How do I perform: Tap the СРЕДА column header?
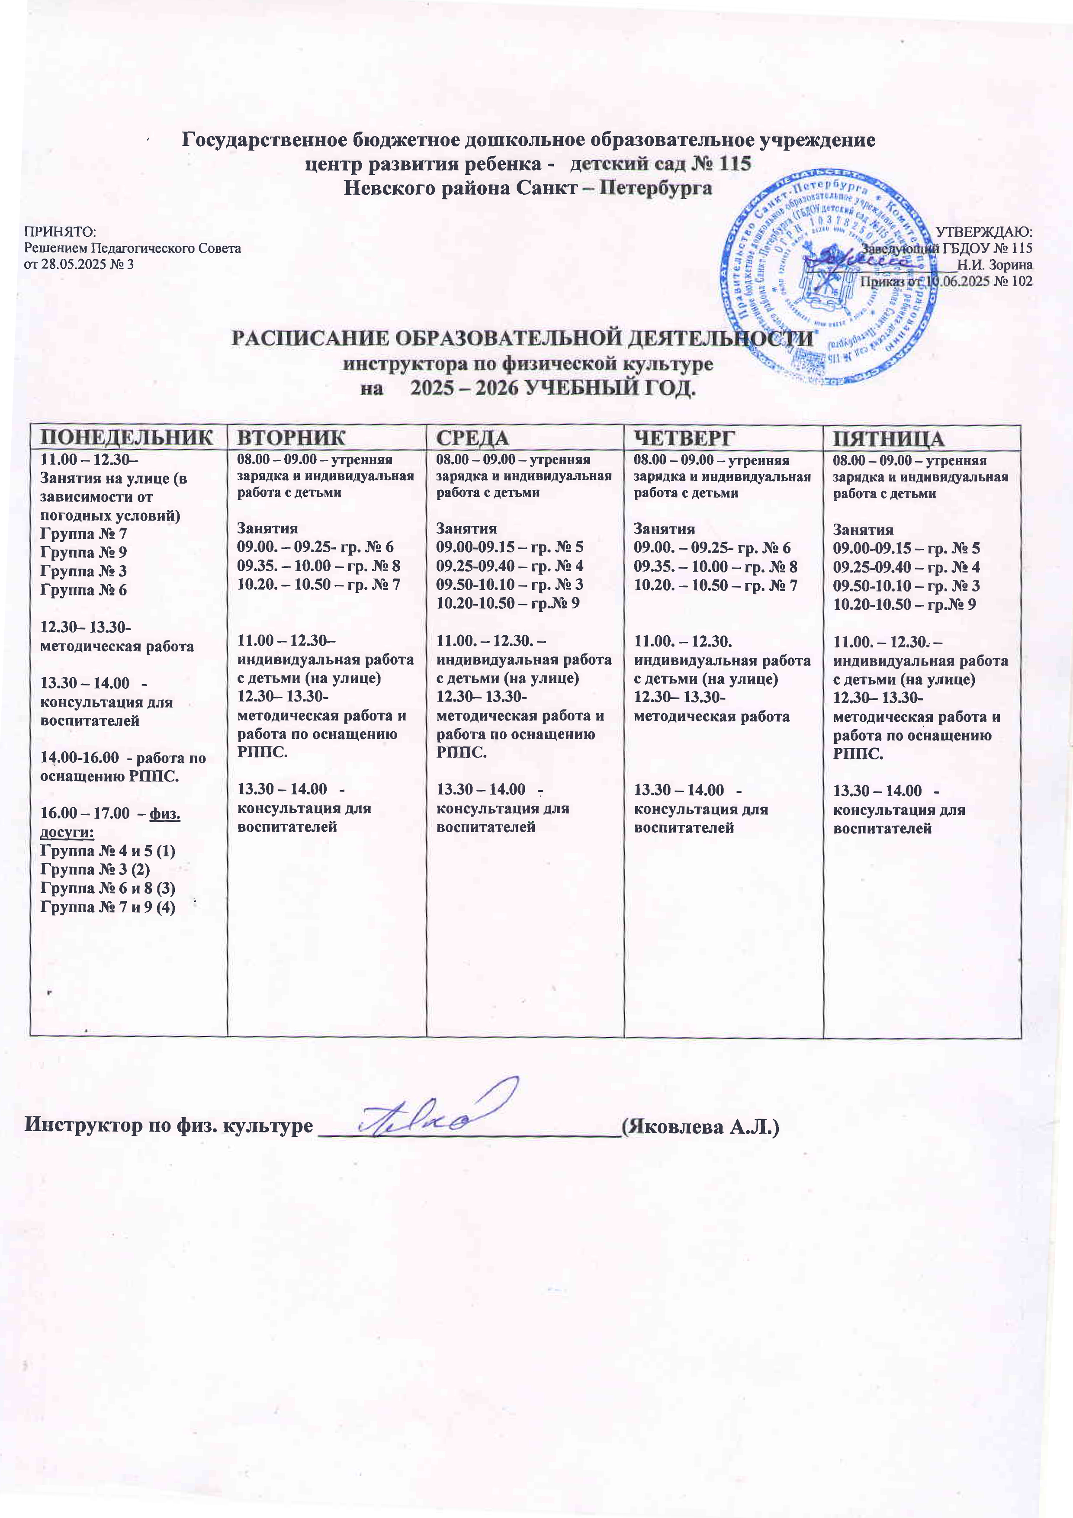473,437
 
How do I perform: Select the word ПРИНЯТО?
60,232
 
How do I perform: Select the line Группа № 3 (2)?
95,869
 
